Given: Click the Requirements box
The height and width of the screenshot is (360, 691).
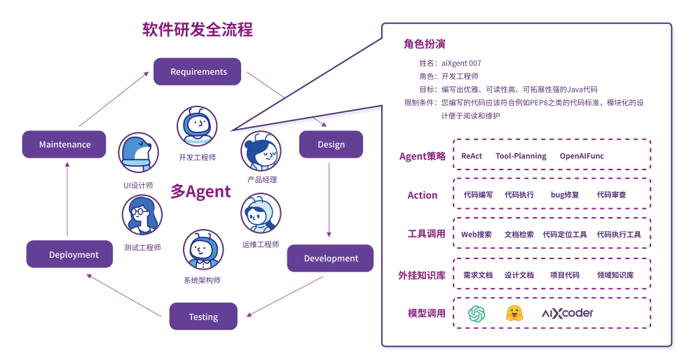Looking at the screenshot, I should pos(198,71).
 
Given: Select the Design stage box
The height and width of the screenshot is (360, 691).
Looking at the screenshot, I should pos(331,144).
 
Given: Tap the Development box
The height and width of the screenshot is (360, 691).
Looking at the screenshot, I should pos(331,258).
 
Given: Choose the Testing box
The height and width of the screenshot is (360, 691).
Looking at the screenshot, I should pos(203,317).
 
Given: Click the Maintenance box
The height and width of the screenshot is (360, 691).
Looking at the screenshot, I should pos(64,144).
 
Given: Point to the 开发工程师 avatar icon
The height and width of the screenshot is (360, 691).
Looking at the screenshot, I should pos(197,127).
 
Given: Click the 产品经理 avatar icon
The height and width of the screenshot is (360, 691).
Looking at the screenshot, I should pos(261,151).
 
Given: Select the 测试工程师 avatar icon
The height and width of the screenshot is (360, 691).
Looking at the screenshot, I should pos(142,214).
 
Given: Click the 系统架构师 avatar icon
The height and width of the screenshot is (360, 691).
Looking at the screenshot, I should pos(203,251).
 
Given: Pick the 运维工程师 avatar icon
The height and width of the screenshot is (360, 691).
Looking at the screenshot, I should pos(260,214).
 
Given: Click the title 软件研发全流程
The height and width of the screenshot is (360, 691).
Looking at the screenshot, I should pos(198,29).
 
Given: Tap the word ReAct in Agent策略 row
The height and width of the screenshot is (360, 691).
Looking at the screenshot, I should pos(472,156).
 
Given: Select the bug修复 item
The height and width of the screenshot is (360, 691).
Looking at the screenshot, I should pos(565,195).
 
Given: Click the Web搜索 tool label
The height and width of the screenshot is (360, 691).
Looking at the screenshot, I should pos(477,235).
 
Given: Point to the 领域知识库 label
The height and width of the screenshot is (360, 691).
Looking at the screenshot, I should pos(615,275).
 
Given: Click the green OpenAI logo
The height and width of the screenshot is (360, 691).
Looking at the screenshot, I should pos(477,313).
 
